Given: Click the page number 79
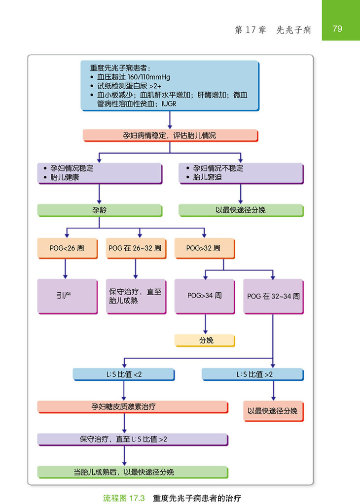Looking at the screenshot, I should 337,29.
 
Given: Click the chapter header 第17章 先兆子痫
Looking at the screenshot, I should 273,30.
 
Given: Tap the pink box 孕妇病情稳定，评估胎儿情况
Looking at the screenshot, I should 170,135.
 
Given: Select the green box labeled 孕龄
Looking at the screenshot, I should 99,210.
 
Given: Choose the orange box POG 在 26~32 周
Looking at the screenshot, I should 135,248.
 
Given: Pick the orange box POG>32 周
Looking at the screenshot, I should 204,248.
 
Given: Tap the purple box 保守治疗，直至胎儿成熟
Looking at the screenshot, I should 135,296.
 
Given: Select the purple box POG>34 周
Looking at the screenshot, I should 204,296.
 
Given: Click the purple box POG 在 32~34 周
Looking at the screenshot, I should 273,296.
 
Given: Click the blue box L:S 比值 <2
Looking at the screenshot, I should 123,374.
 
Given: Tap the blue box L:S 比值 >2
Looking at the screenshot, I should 253,374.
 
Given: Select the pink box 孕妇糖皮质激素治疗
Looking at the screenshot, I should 132,407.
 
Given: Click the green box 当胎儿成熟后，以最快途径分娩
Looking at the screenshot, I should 132,472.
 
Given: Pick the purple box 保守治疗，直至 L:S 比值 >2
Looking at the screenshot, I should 132,439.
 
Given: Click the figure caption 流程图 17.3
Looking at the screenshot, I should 123,498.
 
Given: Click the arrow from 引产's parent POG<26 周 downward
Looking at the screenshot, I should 65,269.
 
